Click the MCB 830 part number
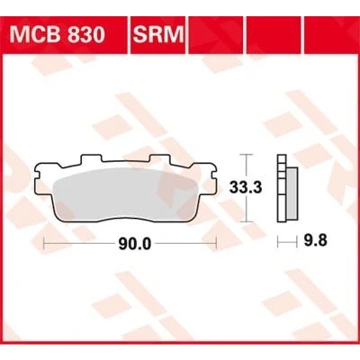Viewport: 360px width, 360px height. click(x=58, y=34)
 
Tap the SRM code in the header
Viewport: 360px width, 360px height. click(x=157, y=34)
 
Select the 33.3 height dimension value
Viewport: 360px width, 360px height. click(x=246, y=188)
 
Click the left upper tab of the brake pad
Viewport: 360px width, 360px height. click(x=90, y=159)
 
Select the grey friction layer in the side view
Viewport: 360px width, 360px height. click(x=292, y=193)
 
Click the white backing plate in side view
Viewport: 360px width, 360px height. click(x=282, y=188)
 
